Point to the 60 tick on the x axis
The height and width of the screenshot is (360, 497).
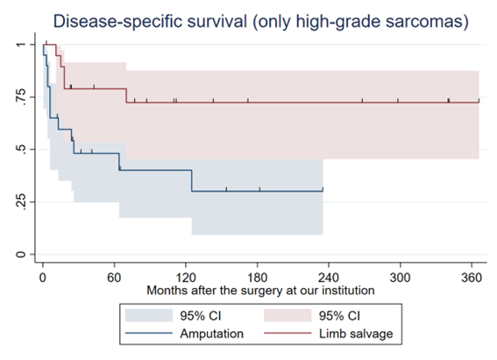point(114,278)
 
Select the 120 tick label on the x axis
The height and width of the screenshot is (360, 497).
point(186,278)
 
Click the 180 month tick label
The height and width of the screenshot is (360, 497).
point(258,278)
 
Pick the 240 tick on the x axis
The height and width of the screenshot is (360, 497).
point(329,278)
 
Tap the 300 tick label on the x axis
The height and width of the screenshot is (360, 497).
point(401,278)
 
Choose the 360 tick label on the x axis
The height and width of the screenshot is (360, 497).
point(472,278)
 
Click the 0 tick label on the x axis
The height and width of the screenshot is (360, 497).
point(43,278)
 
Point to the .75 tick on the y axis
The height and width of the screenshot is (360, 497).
point(20,96)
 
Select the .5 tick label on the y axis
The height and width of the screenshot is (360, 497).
point(20,149)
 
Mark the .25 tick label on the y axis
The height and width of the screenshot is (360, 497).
point(20,201)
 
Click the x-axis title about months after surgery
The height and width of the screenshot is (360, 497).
point(260,290)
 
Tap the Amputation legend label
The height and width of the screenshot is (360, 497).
point(212,334)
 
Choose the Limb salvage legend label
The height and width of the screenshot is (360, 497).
point(356,334)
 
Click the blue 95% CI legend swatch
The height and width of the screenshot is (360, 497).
point(149,315)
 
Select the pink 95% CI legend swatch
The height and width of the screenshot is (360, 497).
point(288,315)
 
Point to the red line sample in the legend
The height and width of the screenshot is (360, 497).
point(288,333)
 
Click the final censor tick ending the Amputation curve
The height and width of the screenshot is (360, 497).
point(323,189)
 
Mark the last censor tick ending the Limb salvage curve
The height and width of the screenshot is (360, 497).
point(479,101)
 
